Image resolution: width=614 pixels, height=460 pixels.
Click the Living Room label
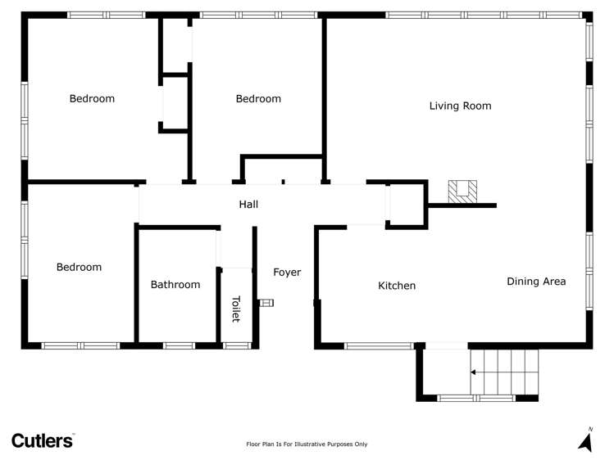coord(460,106)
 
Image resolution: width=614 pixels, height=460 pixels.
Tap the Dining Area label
coord(536,282)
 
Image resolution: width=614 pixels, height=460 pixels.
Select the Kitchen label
coord(397,286)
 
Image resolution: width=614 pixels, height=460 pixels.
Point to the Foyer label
coord(287,273)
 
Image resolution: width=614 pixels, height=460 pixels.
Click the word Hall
coord(248,204)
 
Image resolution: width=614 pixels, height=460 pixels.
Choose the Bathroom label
coord(175,285)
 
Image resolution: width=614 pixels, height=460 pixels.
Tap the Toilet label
coord(236,308)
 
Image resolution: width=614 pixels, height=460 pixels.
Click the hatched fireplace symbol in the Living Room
coord(462,191)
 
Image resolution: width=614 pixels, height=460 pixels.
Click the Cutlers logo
coord(43,440)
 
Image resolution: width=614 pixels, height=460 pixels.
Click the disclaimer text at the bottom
coord(307,444)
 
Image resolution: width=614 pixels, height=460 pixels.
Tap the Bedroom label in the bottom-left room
coord(79,267)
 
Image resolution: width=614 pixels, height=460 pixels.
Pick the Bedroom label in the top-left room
coord(92,99)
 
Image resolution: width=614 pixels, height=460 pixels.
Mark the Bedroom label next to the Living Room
coord(258,99)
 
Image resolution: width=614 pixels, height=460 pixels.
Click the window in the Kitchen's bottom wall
coord(380,345)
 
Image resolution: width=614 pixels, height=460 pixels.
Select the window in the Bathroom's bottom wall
coord(179,345)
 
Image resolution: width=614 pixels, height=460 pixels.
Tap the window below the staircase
coord(475,398)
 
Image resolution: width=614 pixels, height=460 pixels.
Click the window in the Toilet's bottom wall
coord(237,345)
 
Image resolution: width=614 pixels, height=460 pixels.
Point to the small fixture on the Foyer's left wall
coord(266,303)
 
